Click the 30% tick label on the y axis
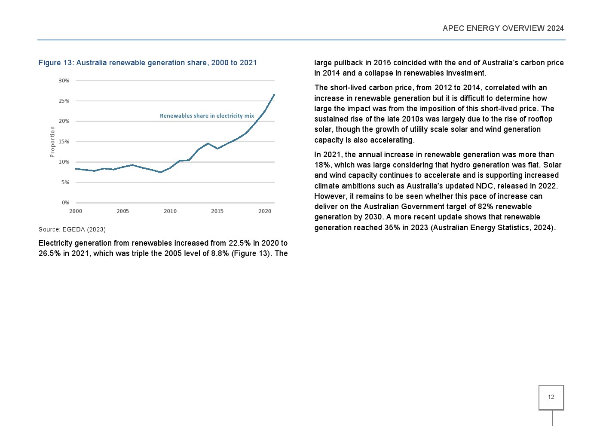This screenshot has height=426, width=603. (64, 81)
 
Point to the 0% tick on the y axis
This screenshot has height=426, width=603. (65, 203)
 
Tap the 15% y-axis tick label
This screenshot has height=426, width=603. (64, 142)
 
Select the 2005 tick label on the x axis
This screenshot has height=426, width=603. (122, 211)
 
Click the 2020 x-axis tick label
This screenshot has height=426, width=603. (264, 211)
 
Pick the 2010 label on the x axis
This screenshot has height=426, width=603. (170, 211)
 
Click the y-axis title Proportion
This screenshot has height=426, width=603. (52, 142)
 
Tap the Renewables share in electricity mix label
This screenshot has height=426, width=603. (207, 116)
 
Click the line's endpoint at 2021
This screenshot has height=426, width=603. (274, 95)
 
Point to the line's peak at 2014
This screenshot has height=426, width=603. (208, 143)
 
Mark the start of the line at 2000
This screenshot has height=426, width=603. (76, 169)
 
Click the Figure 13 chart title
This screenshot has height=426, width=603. (147, 63)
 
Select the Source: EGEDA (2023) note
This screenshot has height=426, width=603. (72, 229)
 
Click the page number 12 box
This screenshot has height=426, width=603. (551, 397)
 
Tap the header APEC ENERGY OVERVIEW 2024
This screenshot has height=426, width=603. (503, 28)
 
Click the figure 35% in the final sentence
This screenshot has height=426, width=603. (392, 228)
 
